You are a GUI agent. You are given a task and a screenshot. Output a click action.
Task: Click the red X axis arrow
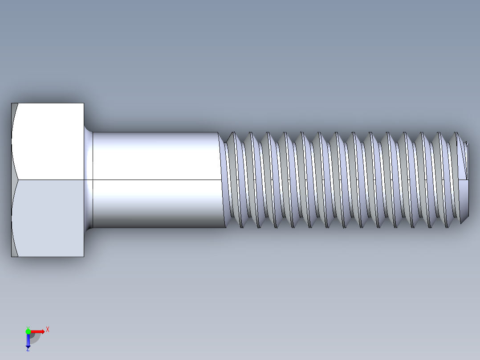pyautogui.click(x=38, y=331)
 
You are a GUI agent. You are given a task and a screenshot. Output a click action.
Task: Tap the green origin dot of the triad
pyautogui.click(x=28, y=331)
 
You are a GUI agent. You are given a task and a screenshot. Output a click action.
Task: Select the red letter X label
pyautogui.click(x=47, y=329)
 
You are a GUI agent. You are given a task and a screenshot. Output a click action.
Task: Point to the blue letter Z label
pyautogui.click(x=28, y=350)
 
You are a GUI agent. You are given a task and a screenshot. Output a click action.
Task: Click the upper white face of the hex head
pyautogui.click(x=49, y=140)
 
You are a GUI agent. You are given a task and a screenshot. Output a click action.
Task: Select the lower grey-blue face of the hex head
pyautogui.click(x=49, y=218)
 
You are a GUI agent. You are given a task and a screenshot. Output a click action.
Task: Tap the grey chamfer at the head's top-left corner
pyautogui.click(x=14, y=111)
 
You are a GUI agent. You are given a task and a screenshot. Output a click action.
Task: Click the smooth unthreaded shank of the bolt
pyautogui.click(x=156, y=156)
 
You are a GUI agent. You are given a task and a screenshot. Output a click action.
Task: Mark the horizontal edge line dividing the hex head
pyautogui.click(x=49, y=180)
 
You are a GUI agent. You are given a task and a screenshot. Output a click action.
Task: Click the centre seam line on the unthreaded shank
pyautogui.click(x=156, y=180)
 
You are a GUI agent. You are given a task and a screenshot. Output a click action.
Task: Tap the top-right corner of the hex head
pyautogui.click(x=84, y=103)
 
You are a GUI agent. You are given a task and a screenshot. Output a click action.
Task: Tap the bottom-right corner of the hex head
pyautogui.click(x=84, y=257)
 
